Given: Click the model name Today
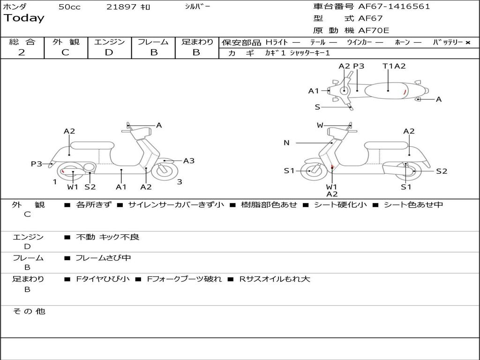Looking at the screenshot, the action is tap(24, 18).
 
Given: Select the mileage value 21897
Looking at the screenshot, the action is tap(121, 7).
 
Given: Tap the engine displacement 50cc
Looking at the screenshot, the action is tap(69, 7).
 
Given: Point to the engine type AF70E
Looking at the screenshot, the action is tap(374, 30).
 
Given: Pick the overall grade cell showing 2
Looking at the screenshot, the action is tap(22, 52).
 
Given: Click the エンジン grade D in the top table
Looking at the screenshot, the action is tap(109, 52).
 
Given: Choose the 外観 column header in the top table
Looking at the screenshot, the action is tap(66, 42).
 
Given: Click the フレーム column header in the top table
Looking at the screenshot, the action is tap(153, 42).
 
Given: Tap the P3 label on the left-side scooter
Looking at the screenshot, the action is tap(37, 164).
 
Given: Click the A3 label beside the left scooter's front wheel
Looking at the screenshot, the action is tap(188, 161).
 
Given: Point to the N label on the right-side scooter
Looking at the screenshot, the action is tap(286, 143).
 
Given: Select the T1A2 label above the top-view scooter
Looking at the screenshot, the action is tap(394, 66).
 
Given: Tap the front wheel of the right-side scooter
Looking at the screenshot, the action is tap(310, 171).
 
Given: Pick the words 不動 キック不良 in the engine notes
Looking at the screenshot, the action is tap(107, 237).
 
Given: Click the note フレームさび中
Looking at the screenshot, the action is tap(103, 258).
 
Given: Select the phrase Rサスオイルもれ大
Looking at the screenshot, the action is tap(275, 279).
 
